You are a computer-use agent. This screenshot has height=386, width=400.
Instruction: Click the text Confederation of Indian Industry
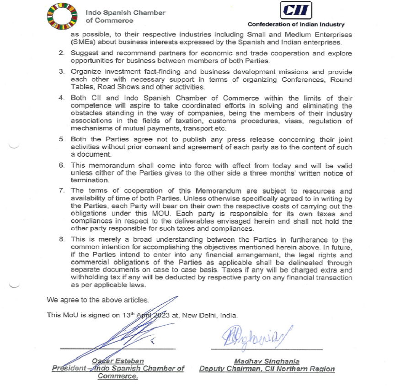(x=296, y=25)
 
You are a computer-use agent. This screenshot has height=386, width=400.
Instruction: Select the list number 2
(x=61, y=53)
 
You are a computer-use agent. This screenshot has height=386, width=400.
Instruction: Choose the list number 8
(x=61, y=239)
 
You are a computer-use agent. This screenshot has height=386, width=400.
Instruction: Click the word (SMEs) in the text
(x=82, y=42)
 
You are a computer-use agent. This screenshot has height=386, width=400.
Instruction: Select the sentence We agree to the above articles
(x=98, y=300)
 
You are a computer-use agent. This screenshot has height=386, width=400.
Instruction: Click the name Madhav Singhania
(x=267, y=361)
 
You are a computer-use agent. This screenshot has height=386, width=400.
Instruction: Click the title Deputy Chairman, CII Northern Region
(x=267, y=369)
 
